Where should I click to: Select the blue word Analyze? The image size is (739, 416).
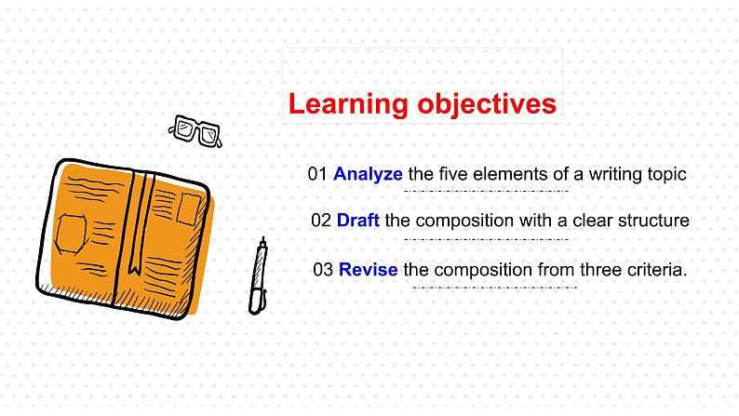click(x=368, y=175)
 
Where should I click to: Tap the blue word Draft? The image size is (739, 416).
click(x=358, y=220)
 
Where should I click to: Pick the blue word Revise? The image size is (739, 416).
click(x=368, y=270)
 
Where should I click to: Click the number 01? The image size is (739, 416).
click(x=317, y=174)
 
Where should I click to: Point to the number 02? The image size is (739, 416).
click(x=321, y=221)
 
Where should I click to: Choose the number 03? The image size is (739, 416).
click(x=323, y=270)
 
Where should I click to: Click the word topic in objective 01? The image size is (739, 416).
click(x=667, y=175)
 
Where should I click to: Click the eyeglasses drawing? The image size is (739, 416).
click(x=195, y=131)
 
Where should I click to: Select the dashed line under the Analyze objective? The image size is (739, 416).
click(x=487, y=192)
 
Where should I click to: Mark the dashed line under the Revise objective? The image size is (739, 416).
click(x=495, y=288)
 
